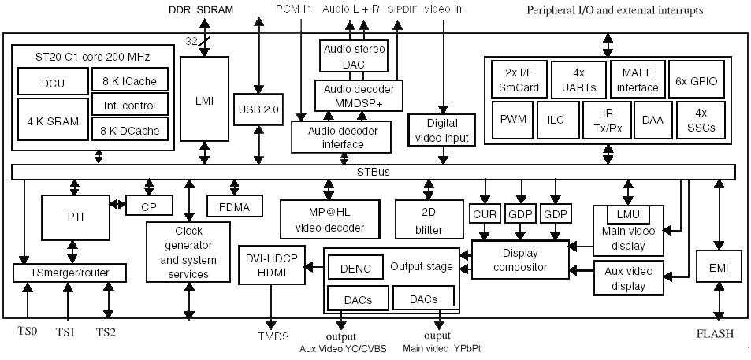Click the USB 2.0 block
click(258, 109)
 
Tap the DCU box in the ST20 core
click(53, 83)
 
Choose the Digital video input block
click(442, 131)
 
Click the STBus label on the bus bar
click(373, 172)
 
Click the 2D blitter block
click(429, 220)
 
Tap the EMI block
click(718, 269)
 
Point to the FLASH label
click(715, 333)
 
